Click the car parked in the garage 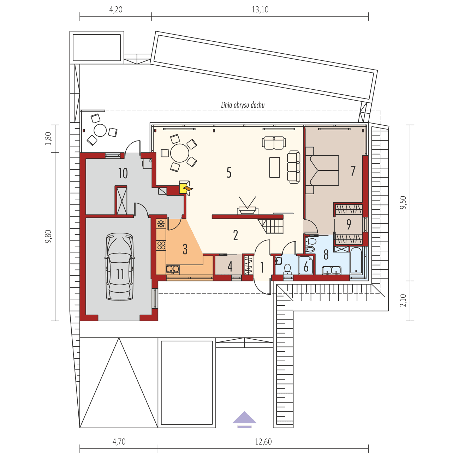click(x=120, y=267)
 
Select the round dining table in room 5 click(x=179, y=153)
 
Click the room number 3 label click(x=185, y=249)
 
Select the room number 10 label click(x=123, y=173)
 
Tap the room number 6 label click(x=306, y=267)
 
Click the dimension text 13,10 click(x=260, y=10)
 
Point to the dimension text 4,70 click(x=119, y=441)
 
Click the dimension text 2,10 click(x=403, y=300)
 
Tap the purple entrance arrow click(x=244, y=418)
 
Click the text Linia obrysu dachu click(x=243, y=105)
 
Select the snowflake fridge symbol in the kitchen click(x=161, y=223)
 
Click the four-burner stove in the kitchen click(x=161, y=245)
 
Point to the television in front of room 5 click(x=247, y=208)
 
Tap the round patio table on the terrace click(x=100, y=130)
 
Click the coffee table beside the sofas click(x=274, y=167)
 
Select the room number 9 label click(x=349, y=224)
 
